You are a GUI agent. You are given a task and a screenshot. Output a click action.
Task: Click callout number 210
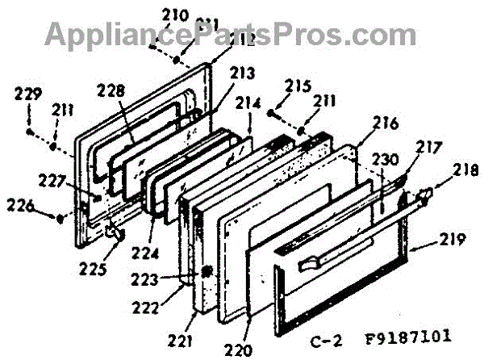[x=175, y=15]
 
